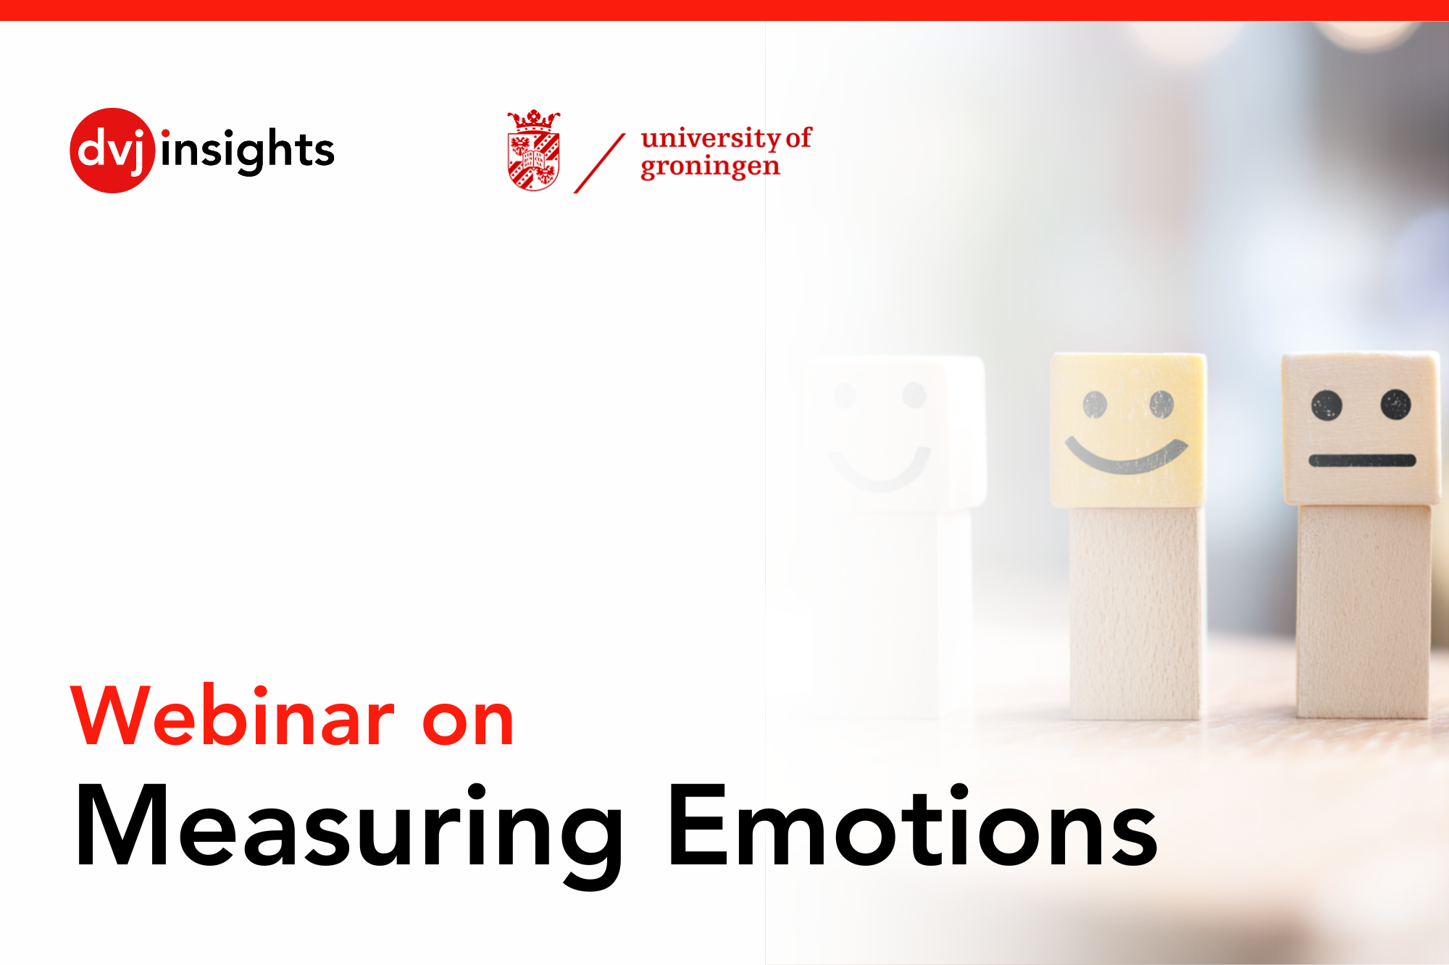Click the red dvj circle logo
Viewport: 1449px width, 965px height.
coord(112,151)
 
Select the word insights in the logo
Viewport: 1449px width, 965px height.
coord(248,151)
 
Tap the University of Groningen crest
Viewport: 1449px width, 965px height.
coord(534,156)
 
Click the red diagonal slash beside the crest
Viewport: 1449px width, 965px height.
coord(599,163)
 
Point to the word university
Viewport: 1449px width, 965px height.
coord(710,137)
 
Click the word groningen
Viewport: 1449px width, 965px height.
coord(710,167)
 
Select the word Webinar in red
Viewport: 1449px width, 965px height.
coord(233,716)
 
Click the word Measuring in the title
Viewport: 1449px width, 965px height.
coord(348,829)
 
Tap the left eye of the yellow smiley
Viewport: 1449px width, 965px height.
coord(1095,405)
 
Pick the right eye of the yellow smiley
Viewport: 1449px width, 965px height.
coord(1161,403)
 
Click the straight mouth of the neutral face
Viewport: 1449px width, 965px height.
coord(1362,460)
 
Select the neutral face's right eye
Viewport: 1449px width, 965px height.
coord(1395,404)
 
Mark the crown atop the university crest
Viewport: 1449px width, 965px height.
coord(534,119)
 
